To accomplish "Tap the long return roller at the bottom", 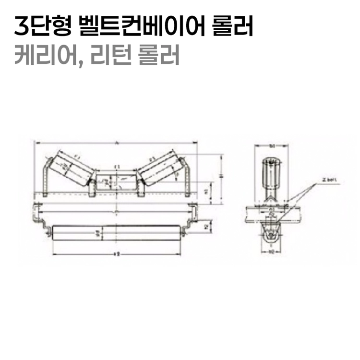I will tap(116, 234).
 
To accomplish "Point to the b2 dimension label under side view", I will tap(271, 251).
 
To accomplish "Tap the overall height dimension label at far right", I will tap(221, 177).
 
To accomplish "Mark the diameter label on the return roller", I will tap(98, 234).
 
